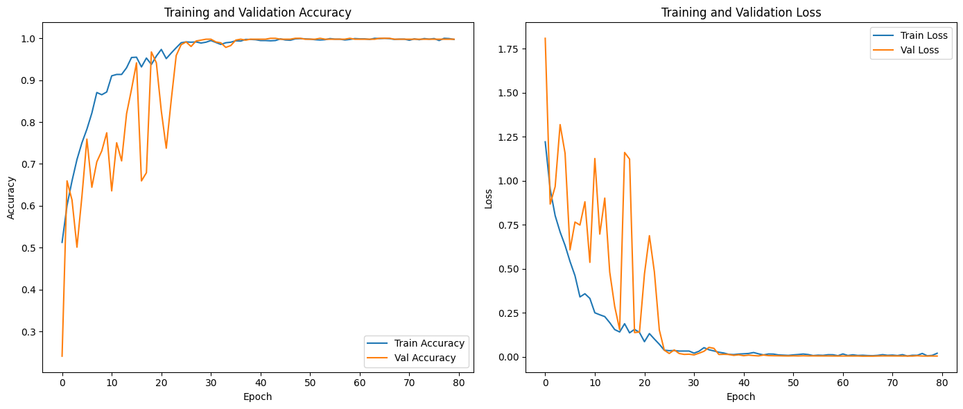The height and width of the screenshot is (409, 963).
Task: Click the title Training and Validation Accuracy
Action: [257, 12]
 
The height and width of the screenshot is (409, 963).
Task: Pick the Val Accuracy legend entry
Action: [425, 358]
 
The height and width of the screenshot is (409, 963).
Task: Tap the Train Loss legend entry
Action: [919, 35]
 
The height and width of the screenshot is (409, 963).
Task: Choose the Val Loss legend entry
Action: [917, 50]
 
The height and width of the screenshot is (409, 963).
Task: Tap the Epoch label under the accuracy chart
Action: [257, 397]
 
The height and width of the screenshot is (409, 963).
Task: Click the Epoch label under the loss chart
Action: [740, 397]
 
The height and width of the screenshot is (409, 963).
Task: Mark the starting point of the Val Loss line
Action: [545, 38]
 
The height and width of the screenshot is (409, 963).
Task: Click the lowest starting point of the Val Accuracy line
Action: [62, 356]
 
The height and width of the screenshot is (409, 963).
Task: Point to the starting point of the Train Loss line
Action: [545, 142]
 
